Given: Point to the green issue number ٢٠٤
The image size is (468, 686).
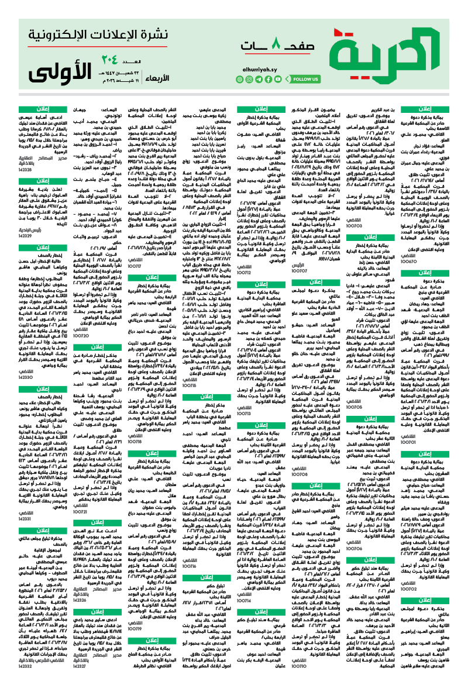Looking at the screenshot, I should point(126,60).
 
